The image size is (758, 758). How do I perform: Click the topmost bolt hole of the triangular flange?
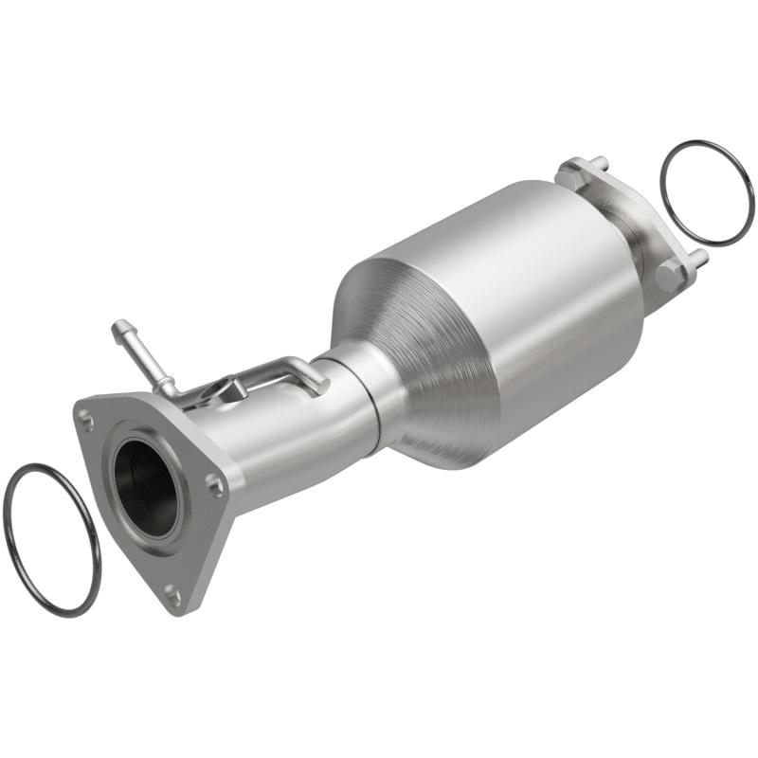[x=87, y=416]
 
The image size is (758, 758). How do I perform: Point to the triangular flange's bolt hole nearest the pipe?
[x=215, y=485]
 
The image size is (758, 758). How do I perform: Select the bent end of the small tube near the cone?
[x=319, y=383]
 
